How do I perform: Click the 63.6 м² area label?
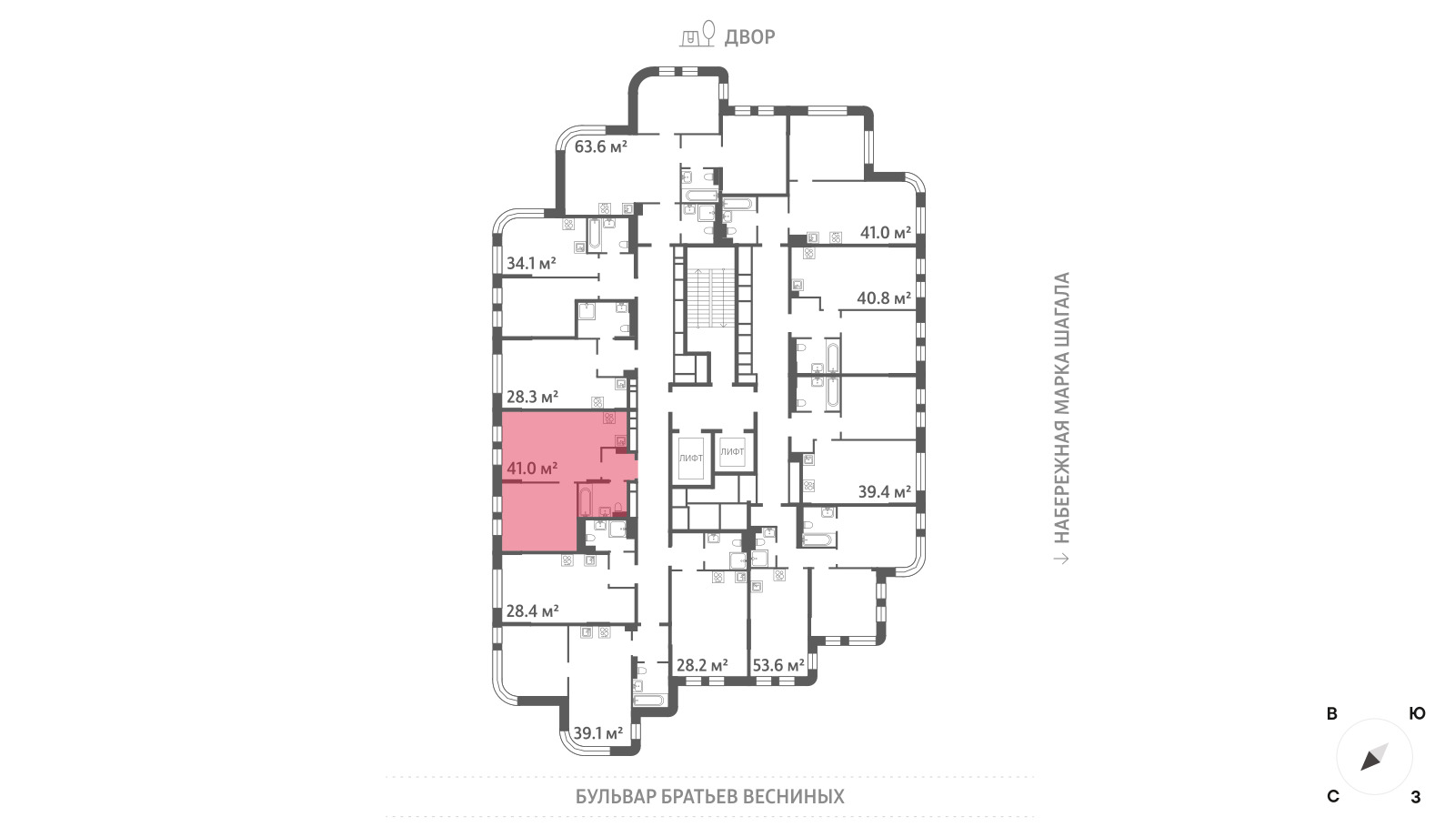click(600, 146)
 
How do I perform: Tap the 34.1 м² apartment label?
click(531, 263)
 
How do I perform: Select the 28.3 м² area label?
click(533, 397)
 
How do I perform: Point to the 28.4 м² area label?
click(533, 610)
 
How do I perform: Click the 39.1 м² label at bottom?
click(598, 733)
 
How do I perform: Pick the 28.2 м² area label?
click(702, 665)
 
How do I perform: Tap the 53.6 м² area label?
click(778, 665)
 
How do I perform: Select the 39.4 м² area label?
click(885, 492)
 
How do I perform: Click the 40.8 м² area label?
click(884, 298)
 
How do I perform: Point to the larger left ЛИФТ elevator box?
click(690, 459)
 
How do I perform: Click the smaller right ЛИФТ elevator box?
click(732, 451)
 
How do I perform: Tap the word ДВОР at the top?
click(749, 37)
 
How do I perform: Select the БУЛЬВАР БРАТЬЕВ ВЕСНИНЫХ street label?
click(710, 797)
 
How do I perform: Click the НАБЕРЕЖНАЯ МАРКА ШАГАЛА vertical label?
click(1061, 408)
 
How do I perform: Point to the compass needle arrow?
click(1374, 757)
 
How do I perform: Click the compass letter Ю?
click(1418, 713)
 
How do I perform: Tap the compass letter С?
click(1333, 797)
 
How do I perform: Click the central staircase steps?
click(712, 297)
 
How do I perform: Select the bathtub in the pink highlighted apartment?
click(585, 500)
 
